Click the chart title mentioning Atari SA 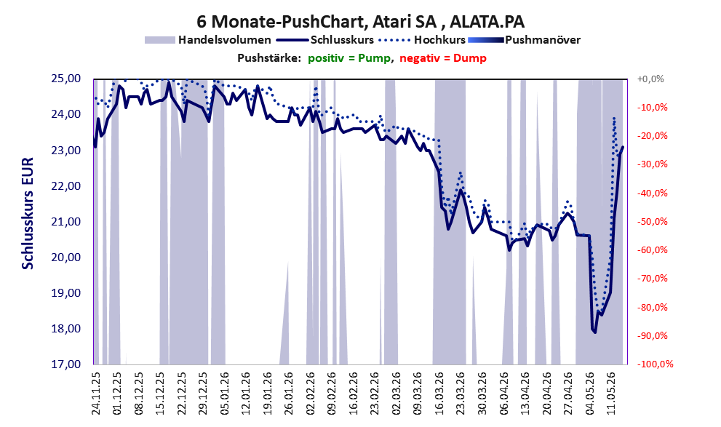(361, 21)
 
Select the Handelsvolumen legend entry (208, 40)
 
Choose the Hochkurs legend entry (422, 40)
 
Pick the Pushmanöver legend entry (524, 40)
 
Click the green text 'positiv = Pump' (350, 58)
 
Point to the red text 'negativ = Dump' (443, 58)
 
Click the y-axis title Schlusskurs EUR (28, 213)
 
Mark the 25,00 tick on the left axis (65, 79)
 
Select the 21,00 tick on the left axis (65, 222)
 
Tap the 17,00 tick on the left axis (65, 364)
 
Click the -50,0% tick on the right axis (652, 222)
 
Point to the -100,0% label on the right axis (655, 364)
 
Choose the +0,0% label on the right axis (650, 79)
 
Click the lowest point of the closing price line (595, 332)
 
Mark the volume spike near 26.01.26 (285, 313)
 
